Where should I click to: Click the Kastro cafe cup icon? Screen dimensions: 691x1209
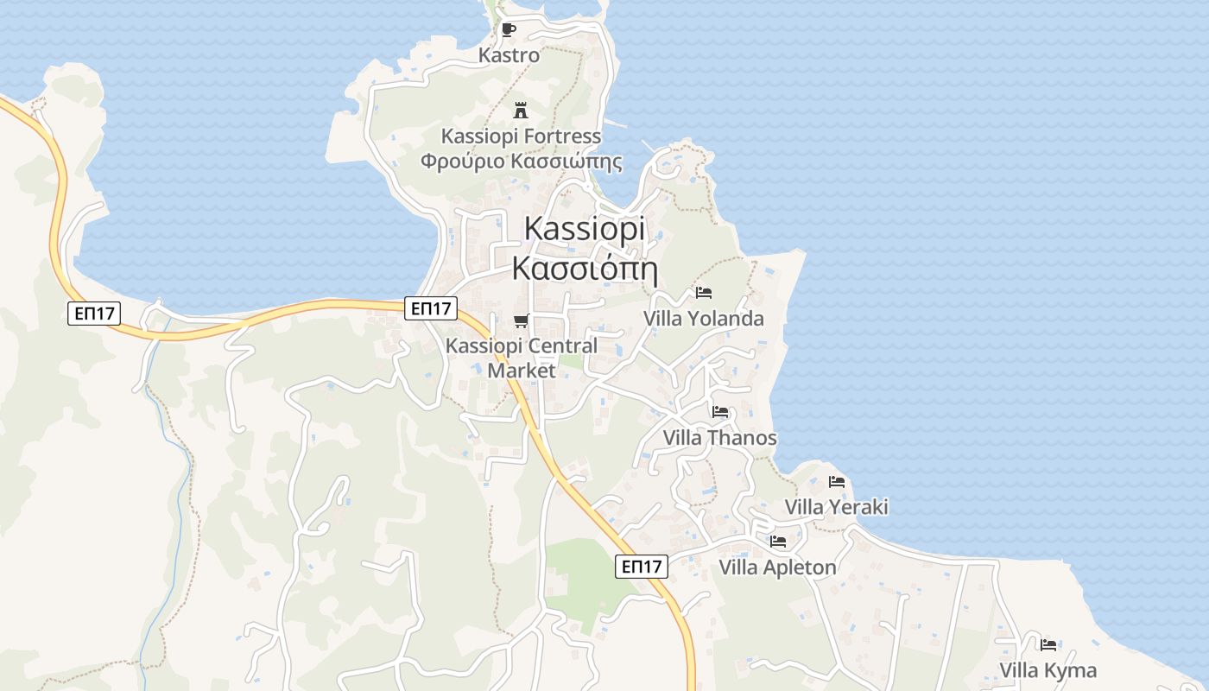click(x=509, y=30)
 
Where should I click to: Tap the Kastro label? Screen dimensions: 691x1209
click(x=510, y=55)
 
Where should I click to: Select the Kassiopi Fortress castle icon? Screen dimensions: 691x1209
click(x=521, y=111)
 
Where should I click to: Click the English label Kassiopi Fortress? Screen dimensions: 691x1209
click(x=521, y=136)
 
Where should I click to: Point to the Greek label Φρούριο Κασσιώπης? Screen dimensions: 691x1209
click(x=521, y=162)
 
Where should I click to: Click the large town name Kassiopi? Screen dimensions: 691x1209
click(x=585, y=229)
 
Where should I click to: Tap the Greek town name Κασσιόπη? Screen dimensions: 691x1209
click(x=585, y=269)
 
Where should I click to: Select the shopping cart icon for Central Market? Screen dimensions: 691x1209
click(x=521, y=321)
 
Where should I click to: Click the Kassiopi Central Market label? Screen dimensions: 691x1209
click(x=521, y=358)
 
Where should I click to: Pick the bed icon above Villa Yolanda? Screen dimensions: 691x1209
click(x=704, y=293)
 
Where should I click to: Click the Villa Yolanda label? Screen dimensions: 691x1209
click(x=704, y=319)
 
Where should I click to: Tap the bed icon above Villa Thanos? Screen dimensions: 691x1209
click(x=720, y=412)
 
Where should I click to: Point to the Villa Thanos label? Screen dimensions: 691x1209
click(x=720, y=438)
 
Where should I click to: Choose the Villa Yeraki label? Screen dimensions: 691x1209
click(x=836, y=507)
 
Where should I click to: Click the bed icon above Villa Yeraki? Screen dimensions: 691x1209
click(x=836, y=482)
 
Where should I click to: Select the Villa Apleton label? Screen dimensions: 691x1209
click(x=778, y=567)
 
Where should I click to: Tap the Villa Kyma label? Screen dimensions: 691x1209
click(x=1048, y=670)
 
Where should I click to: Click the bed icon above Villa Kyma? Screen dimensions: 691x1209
click(x=1048, y=644)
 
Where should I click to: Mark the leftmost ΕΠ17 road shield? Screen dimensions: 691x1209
click(x=93, y=314)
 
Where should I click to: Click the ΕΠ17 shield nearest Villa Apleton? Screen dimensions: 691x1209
click(x=642, y=567)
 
